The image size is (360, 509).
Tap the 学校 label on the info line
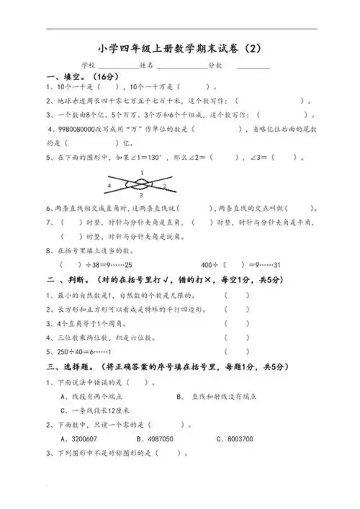[x=90, y=65]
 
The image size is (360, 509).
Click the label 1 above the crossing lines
[x=142, y=171]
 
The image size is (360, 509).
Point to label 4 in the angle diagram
[x=109, y=185]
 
